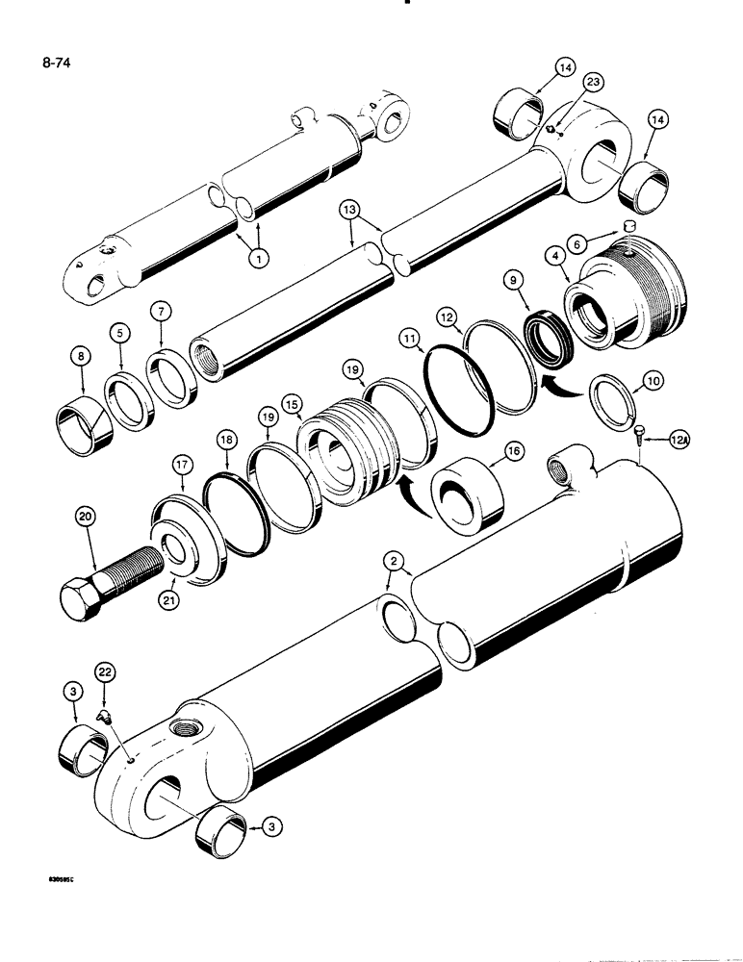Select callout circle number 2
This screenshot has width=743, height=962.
[393, 561]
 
